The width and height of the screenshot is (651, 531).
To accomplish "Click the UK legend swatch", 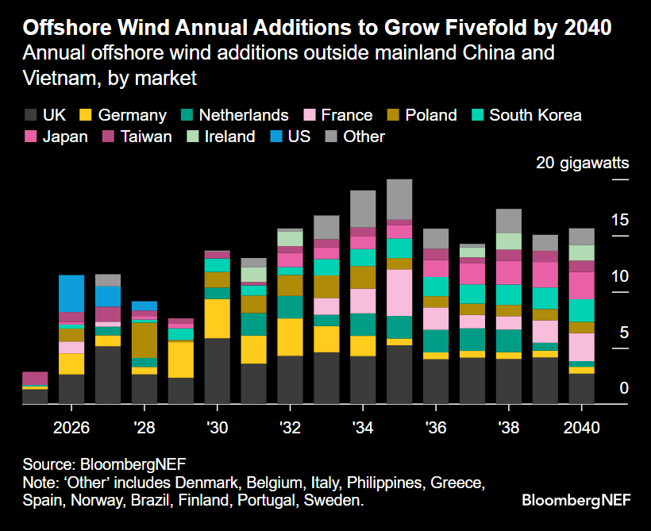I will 31,115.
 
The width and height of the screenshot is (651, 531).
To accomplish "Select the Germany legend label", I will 132,115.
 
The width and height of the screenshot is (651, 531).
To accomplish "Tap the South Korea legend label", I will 535,115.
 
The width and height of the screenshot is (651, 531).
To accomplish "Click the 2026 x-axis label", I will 71,427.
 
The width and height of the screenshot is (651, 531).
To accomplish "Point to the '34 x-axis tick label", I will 363,427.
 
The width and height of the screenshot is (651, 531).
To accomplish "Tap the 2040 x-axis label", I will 581,427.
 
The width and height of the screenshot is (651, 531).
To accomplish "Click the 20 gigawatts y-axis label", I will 582,164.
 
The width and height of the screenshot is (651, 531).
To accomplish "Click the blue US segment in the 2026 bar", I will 71,294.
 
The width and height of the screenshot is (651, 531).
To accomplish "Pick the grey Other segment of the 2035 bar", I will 399,198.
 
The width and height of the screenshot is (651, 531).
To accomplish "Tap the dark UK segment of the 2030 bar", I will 217,371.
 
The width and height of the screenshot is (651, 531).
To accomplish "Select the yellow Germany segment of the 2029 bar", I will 181,360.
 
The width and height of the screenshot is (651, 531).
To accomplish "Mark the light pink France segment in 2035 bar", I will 399,293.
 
